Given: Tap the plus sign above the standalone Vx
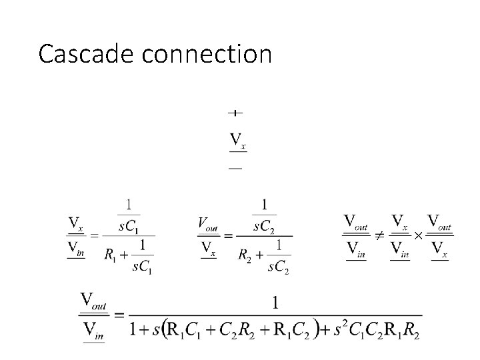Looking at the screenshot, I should [x=235, y=113].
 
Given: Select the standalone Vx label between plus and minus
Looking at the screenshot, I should [x=237, y=141].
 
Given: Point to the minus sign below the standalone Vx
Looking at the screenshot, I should [x=235, y=168].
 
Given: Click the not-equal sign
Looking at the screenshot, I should [x=379, y=235].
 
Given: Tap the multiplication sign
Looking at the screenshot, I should [x=417, y=235].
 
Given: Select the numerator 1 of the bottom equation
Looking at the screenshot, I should [x=275, y=303].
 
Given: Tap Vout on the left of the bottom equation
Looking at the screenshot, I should [x=94, y=300].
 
